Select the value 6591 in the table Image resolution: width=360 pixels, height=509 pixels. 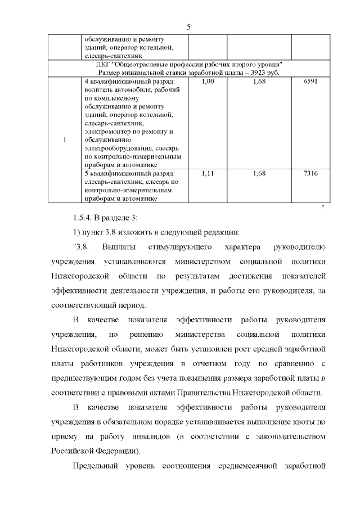310,82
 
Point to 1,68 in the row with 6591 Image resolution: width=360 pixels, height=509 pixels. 259,82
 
